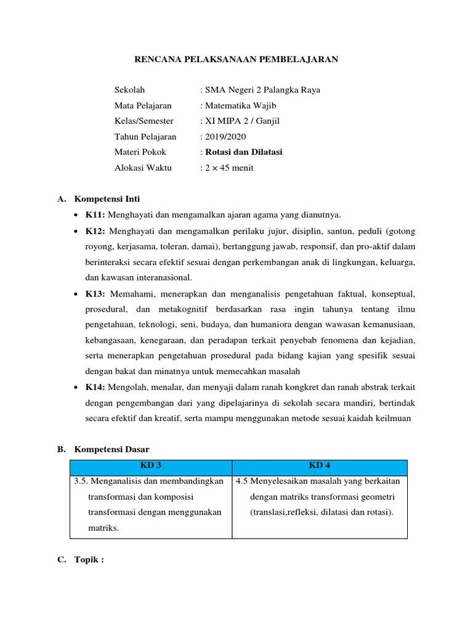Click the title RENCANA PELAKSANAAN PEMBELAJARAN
point(236,59)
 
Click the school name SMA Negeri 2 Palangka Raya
point(263,90)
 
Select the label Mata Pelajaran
point(143,105)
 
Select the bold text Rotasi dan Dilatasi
point(244,152)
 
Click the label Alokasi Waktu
point(143,168)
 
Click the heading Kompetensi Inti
point(107,199)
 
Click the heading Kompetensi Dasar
point(111,449)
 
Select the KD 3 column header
point(151,465)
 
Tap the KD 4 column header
point(320,465)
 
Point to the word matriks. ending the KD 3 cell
point(103,528)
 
